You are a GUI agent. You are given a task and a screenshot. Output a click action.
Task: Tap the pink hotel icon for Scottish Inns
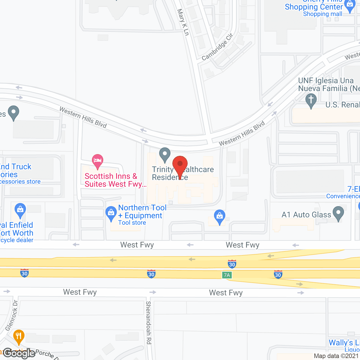[97, 161]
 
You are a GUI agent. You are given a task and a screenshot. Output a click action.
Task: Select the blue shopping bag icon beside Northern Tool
[111, 213]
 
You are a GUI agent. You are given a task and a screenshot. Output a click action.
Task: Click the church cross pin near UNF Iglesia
[311, 100]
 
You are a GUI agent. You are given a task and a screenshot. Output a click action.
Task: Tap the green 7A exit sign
[227, 275]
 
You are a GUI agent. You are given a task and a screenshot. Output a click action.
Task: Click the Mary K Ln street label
[183, 22]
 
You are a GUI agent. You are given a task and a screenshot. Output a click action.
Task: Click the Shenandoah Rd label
[148, 323]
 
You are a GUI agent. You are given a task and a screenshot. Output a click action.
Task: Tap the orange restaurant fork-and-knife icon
[19, 336]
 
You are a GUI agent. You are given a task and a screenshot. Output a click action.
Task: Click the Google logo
[19, 353]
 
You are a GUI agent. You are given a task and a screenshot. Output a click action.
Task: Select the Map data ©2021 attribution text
[336, 356]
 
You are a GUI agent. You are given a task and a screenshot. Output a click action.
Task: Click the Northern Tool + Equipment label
[142, 212]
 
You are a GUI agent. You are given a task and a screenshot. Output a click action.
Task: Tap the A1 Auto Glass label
[306, 215]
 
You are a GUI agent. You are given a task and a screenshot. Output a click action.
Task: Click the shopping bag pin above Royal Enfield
[20, 210]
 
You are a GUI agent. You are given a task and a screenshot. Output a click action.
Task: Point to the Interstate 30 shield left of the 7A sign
[151, 274]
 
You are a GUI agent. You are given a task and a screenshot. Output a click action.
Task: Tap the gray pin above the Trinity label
[165, 154]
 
